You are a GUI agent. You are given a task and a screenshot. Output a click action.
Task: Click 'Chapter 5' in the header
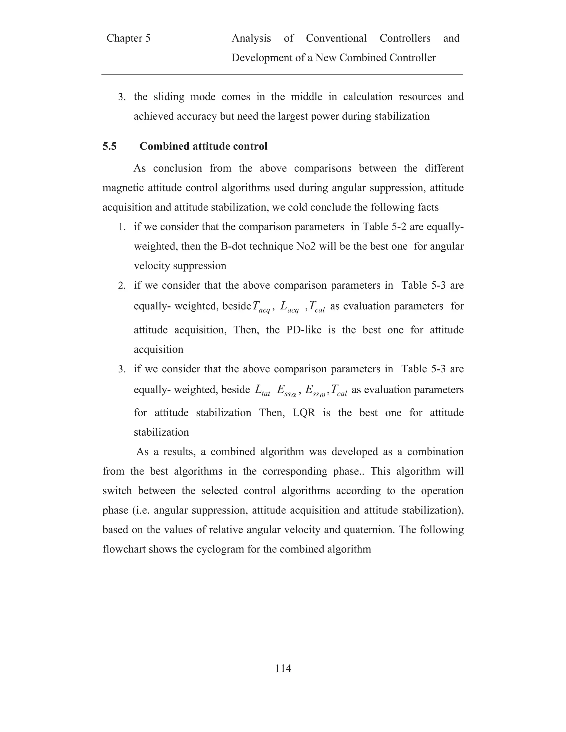pyautogui.click(x=129, y=38)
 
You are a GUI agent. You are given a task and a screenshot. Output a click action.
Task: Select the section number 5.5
pyautogui.click(x=110, y=146)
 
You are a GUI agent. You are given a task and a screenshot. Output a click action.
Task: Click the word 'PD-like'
pyautogui.click(x=303, y=330)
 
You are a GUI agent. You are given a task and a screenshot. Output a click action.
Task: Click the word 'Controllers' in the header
pyautogui.click(x=405, y=38)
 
